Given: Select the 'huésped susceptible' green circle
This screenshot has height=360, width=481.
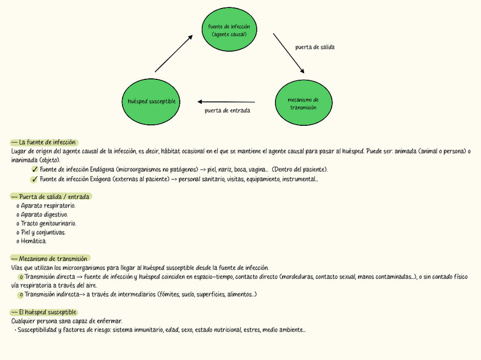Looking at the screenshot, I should pos(151,101).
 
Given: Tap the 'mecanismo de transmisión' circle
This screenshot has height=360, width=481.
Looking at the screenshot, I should pos(303,103).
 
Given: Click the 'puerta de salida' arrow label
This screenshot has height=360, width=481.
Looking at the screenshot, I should pos(315,47).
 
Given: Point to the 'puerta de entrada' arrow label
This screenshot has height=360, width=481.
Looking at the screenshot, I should pos(227,111).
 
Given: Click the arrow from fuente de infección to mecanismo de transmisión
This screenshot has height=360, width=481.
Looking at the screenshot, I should pos(289,53).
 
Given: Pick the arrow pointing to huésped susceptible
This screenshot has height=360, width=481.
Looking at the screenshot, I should pos(226,101).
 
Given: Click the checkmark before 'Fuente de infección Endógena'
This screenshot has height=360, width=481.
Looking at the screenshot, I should pos(35,170).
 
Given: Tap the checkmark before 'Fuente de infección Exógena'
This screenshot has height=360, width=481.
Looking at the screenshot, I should pos(35,180).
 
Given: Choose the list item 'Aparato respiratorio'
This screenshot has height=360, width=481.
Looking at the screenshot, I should pos(48,205).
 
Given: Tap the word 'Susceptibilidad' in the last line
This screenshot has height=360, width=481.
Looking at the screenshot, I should pos(37,330).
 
